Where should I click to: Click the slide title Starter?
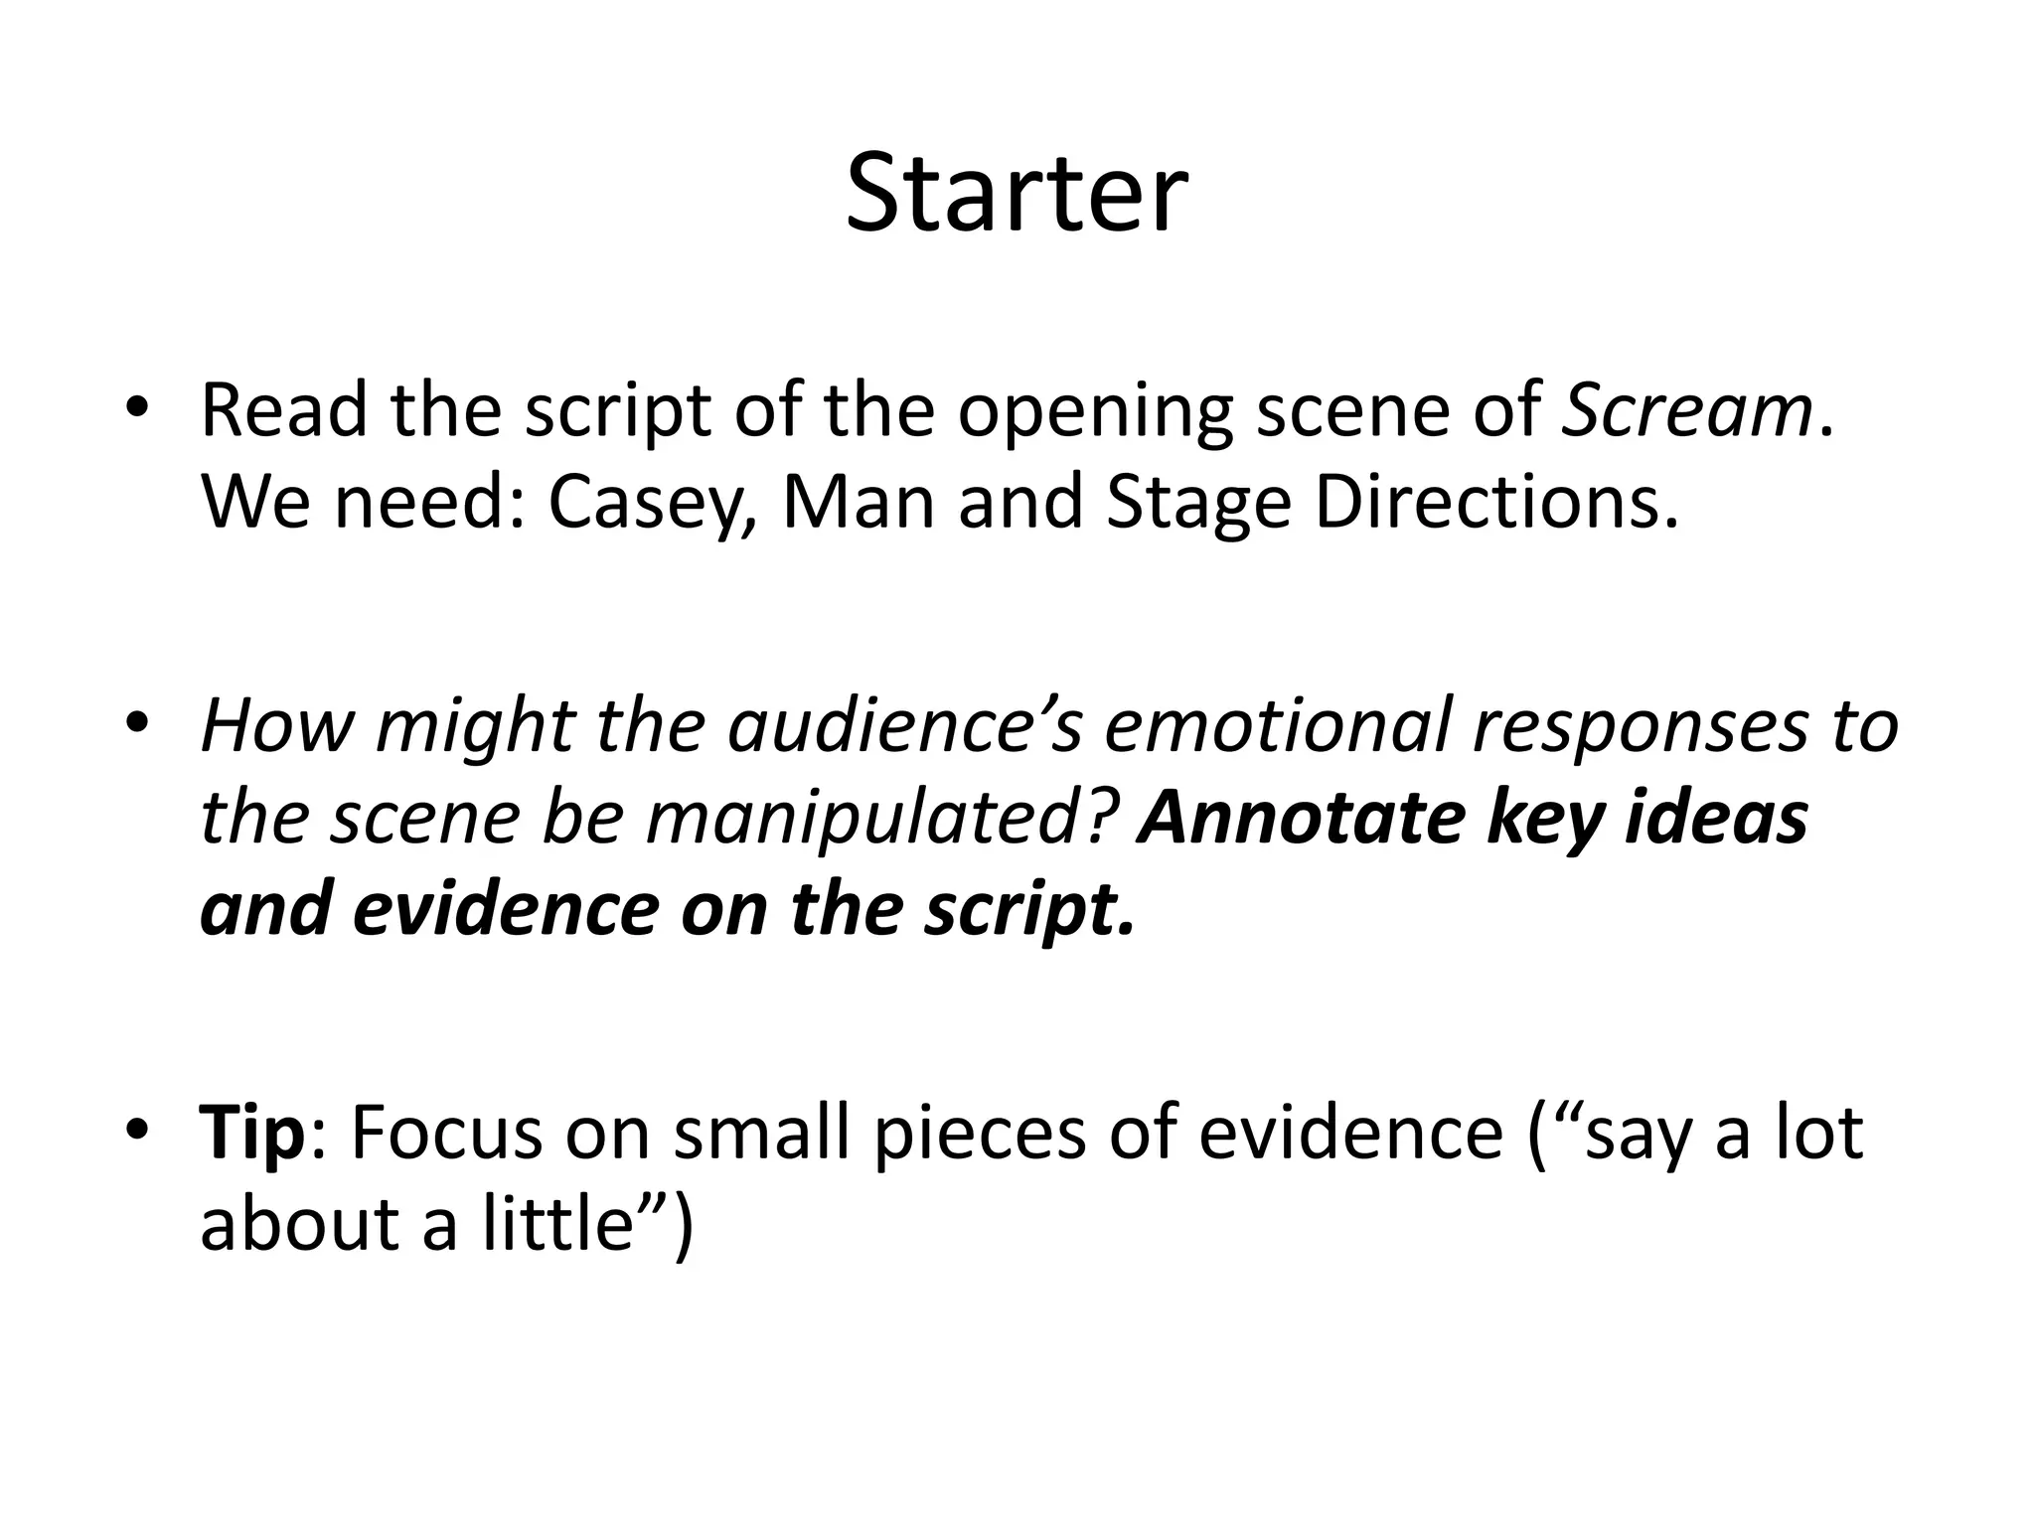pyautogui.click(x=1017, y=194)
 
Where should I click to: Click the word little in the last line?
pyautogui.click(x=558, y=1224)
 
